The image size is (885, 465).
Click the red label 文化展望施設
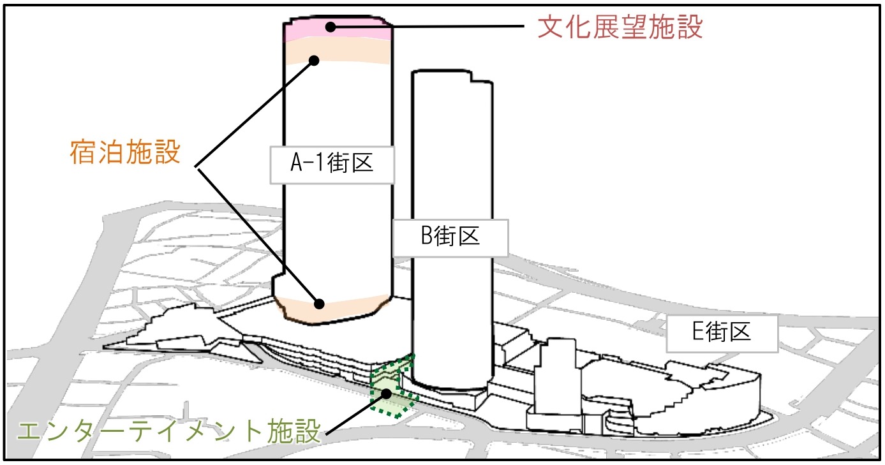[x=619, y=27]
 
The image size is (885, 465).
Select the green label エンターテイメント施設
[x=168, y=432]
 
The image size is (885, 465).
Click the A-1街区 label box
[x=331, y=165]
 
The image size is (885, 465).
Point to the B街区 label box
[x=450, y=237]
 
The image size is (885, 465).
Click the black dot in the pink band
[x=330, y=26]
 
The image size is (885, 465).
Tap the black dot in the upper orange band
[x=314, y=60]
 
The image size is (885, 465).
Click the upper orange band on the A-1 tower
[x=357, y=51]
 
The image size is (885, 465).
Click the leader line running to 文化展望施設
[x=434, y=27]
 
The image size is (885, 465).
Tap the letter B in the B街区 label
[x=426, y=237]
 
